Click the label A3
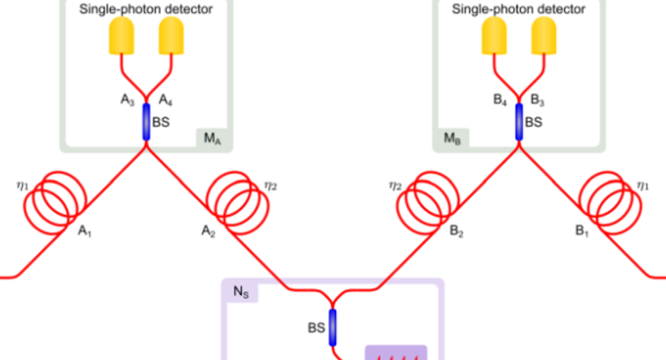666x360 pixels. click(127, 99)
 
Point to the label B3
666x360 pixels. click(537, 99)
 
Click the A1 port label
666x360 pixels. click(85, 232)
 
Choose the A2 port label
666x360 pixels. click(209, 232)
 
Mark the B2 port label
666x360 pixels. click(457, 232)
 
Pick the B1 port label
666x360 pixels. click(581, 232)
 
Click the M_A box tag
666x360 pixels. click(212, 138)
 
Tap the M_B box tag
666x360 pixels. click(451, 138)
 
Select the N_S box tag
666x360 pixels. click(240, 292)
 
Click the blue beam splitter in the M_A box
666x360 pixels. click(146, 122)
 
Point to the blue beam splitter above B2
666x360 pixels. click(518, 122)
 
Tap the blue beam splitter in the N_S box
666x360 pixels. click(333, 327)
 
